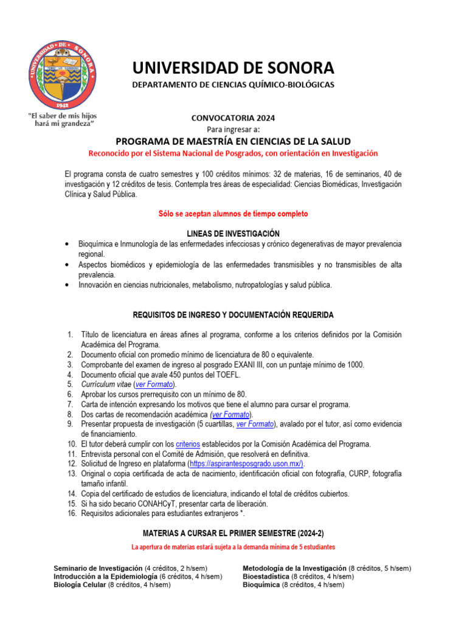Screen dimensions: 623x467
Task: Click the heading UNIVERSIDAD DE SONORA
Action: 233,68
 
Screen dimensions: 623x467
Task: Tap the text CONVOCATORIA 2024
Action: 233,118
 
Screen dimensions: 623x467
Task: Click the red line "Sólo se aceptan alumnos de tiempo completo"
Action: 233,214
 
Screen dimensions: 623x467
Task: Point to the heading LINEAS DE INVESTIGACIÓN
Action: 233,234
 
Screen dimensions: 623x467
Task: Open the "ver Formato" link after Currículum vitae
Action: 154,385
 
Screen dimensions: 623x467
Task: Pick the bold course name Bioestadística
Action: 266,576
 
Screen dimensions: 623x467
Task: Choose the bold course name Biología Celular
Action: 80,585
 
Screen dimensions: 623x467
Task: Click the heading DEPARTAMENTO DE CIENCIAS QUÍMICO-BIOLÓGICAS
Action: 233,85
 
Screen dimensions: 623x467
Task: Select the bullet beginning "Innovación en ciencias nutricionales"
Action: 205,285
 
